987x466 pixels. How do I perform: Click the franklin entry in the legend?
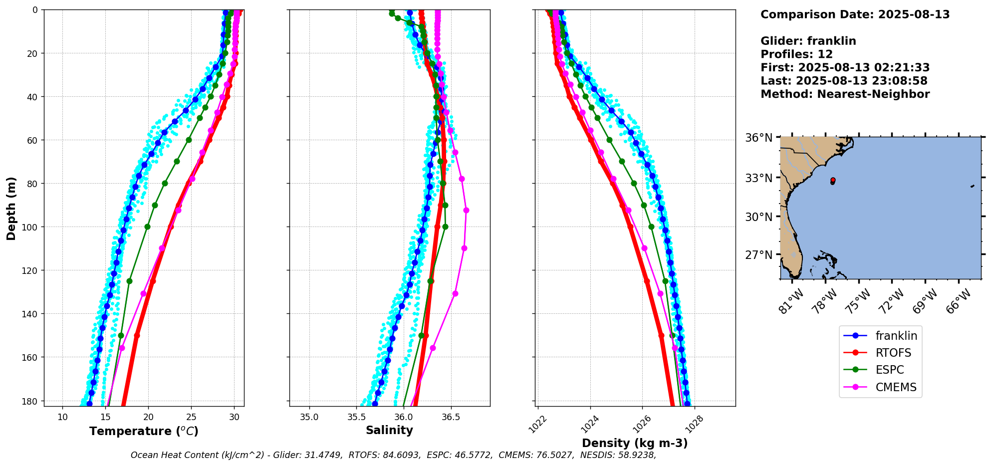click(x=896, y=336)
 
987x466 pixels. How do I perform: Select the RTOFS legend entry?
click(x=893, y=353)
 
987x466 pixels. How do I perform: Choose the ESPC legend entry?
click(x=889, y=370)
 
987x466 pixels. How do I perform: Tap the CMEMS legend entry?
click(x=895, y=387)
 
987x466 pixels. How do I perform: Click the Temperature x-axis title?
click(x=144, y=431)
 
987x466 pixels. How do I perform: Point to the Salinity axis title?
click(x=389, y=430)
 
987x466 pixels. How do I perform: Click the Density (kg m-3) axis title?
click(x=635, y=443)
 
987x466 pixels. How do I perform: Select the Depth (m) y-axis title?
click(x=11, y=208)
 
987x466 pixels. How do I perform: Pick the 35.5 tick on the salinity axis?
click(x=356, y=417)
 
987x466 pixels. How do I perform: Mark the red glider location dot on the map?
click(x=833, y=180)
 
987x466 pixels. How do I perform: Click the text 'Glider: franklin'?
click(x=808, y=41)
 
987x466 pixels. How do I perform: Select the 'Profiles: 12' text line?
click(x=796, y=54)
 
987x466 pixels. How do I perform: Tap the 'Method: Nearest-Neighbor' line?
click(x=845, y=94)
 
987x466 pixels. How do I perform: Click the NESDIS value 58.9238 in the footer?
click(x=636, y=455)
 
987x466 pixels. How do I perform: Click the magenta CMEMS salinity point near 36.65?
click(x=466, y=211)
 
